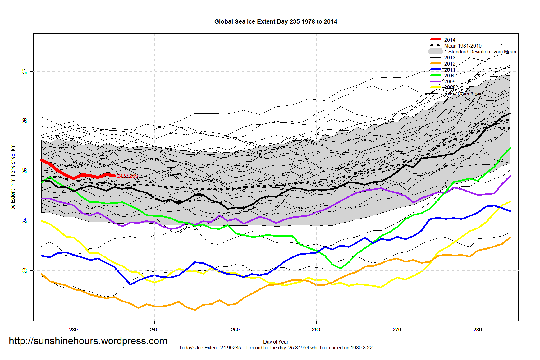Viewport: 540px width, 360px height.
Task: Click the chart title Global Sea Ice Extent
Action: click(276, 22)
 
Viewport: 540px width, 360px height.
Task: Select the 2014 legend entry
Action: click(449, 40)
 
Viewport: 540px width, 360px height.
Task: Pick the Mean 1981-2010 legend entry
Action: click(462, 46)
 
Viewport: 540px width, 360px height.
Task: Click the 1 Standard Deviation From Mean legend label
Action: click(480, 52)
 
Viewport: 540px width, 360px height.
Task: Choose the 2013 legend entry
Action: click(449, 58)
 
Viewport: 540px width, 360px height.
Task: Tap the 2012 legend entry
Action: click(449, 64)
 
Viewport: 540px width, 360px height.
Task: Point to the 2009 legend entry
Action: click(449, 81)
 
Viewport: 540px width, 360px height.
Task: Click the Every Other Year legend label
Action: click(462, 94)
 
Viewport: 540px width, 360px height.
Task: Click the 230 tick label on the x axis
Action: click(74, 330)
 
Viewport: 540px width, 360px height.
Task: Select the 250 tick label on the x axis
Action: click(235, 330)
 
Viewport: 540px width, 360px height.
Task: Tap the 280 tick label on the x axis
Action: click(478, 330)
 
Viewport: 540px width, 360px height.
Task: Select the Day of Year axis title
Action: click(276, 342)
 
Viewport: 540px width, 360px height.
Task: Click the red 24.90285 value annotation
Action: click(127, 176)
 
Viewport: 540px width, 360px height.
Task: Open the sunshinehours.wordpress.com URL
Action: click(88, 341)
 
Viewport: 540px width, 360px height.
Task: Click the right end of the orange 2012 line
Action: click(510, 238)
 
